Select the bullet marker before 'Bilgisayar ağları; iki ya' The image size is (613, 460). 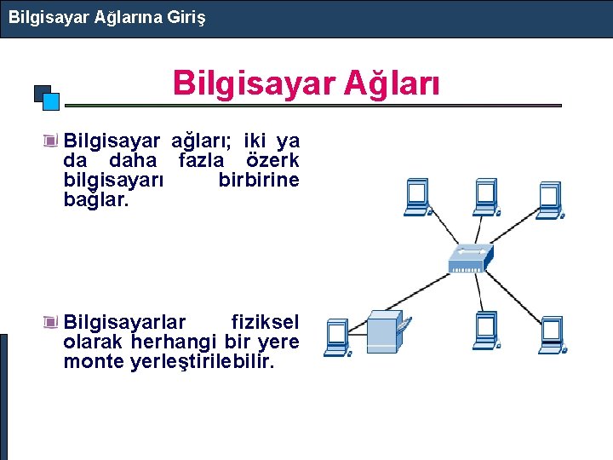click(x=53, y=140)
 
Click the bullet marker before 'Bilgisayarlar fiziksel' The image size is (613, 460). click(x=53, y=322)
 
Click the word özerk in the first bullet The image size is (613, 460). click(x=272, y=160)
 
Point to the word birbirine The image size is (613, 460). click(x=259, y=180)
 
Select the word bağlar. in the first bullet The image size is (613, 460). click(x=96, y=200)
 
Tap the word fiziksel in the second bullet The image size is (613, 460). click(x=265, y=322)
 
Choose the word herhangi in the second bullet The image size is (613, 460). click(x=170, y=342)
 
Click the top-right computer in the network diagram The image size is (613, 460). click(x=548, y=198)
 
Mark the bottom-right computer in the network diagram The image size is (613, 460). click(x=552, y=334)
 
